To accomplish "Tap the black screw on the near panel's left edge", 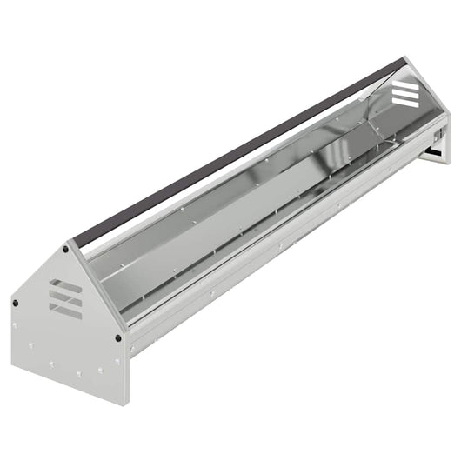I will coord(15,302).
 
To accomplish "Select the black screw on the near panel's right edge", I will coord(118,337).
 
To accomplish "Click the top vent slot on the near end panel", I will coord(66,285).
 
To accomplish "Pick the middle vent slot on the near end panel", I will coord(66,297).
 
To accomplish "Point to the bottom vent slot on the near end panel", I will coord(66,310).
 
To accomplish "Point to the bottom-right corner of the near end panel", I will coord(127,402).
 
